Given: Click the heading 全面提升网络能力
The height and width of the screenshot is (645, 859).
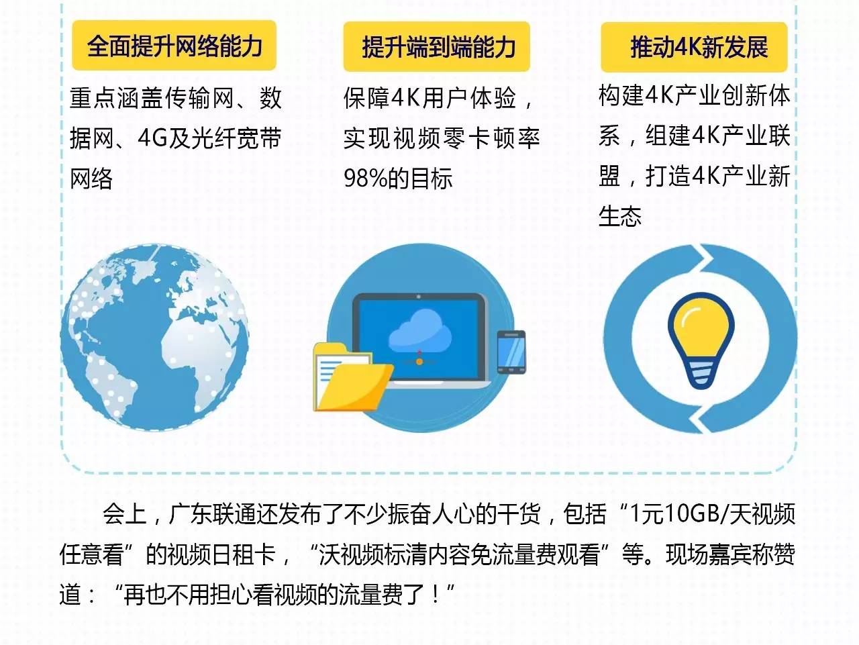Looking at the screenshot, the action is [x=174, y=46].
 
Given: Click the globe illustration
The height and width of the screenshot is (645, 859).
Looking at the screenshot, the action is [x=154, y=338].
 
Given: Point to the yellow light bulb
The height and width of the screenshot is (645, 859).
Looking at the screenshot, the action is [x=701, y=340].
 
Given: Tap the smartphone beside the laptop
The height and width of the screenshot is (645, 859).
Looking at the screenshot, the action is [x=511, y=352].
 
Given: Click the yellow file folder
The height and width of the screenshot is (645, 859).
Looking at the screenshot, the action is [x=352, y=378].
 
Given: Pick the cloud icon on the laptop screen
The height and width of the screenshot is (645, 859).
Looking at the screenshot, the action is [x=419, y=332].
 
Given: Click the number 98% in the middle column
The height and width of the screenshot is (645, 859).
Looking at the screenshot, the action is [x=364, y=178].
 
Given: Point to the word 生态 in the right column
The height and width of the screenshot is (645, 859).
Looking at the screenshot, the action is [x=620, y=216].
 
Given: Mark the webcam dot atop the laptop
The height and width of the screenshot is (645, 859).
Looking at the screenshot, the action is [x=419, y=297].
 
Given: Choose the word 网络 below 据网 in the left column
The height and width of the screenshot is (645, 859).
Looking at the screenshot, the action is [x=91, y=179].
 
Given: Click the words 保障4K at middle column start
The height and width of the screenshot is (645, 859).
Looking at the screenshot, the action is [x=382, y=98].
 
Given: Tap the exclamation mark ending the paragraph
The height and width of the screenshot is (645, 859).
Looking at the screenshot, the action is [x=436, y=594].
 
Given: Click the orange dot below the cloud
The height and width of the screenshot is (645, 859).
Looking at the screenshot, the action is [x=419, y=362].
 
